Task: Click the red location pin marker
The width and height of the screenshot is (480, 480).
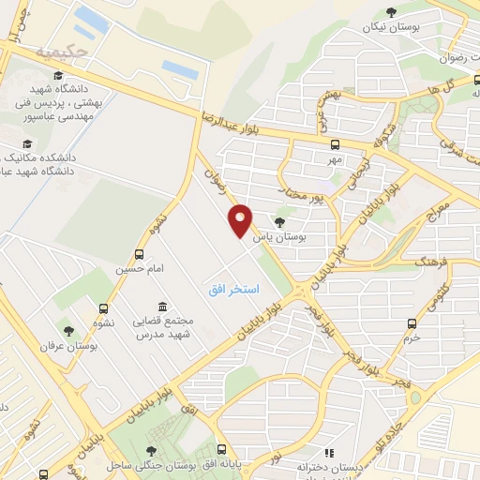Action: point(241,219)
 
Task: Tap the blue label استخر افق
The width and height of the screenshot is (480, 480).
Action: point(234,290)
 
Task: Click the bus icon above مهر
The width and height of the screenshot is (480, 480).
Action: point(335,144)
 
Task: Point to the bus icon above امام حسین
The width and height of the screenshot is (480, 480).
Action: point(140,253)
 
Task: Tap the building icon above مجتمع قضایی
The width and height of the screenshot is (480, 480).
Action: point(163,307)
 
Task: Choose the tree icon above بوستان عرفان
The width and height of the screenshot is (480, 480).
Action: point(67,330)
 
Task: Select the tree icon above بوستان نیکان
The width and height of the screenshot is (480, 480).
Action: point(391,12)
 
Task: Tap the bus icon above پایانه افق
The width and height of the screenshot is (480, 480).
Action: point(221,449)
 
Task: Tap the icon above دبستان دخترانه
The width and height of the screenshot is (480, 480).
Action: point(328,452)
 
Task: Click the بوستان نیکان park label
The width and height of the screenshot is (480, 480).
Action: point(391,27)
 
